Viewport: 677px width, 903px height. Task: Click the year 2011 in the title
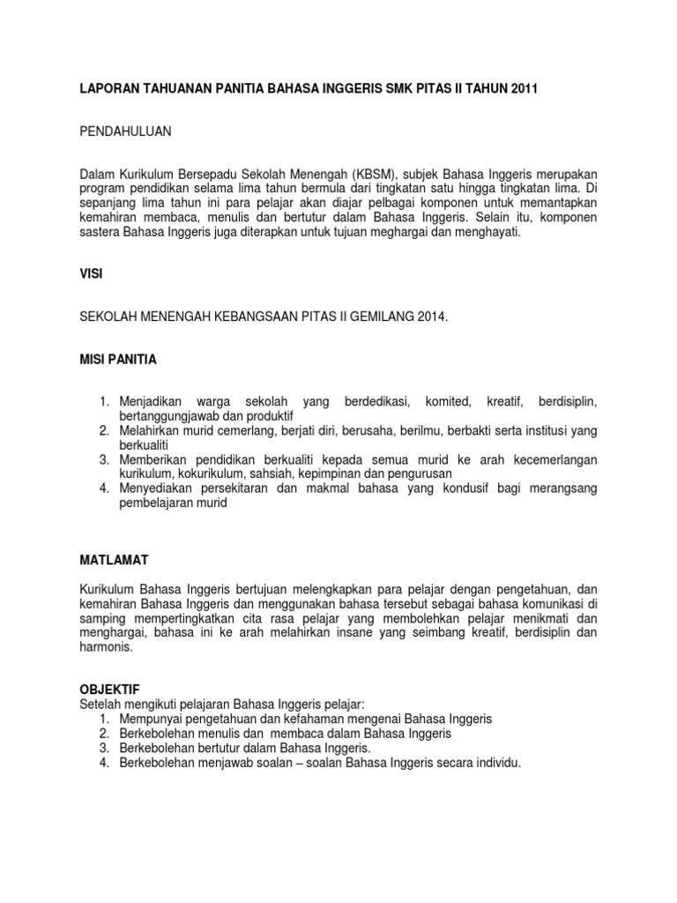(x=524, y=89)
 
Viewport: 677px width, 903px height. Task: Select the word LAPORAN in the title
(x=107, y=89)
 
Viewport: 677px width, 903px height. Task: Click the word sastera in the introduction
(x=99, y=232)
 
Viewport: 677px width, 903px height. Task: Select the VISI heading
(x=91, y=274)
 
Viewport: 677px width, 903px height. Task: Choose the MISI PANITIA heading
(x=119, y=359)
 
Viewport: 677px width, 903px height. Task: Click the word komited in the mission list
(x=445, y=402)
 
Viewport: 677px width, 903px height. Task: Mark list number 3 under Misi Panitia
(x=104, y=459)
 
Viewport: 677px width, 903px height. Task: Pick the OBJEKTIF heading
(x=110, y=689)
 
